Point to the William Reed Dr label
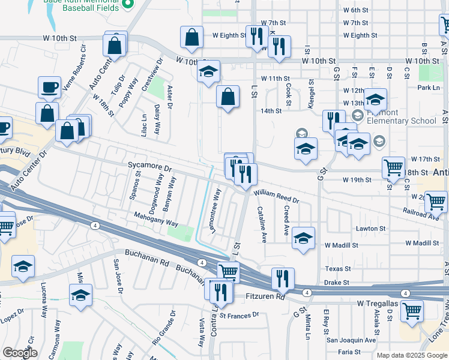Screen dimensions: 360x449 [276, 194]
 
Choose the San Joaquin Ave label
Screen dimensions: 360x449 [351, 340]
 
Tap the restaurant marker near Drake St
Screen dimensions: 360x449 [283, 278]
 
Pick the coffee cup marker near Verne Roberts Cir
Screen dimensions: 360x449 [49, 86]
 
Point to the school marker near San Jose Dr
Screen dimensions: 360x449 [80, 295]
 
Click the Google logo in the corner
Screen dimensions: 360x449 [20, 353]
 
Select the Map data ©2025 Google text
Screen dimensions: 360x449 [411, 355]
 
